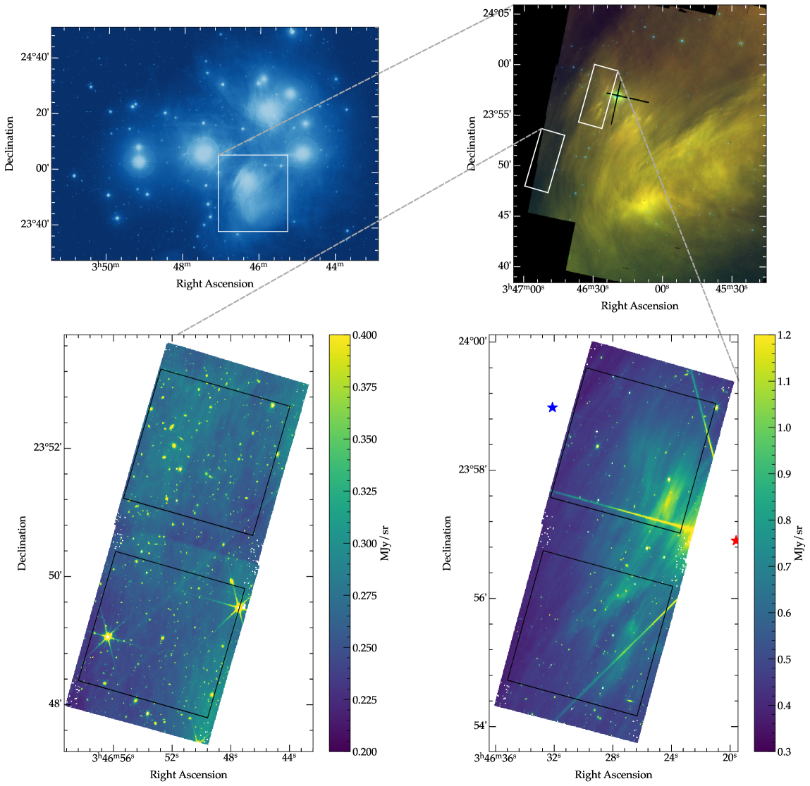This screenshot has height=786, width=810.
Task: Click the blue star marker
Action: click(x=552, y=407)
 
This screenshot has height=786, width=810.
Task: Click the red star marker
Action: click(x=735, y=540)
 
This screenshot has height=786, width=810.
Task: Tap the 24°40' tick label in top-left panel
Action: click(x=35, y=58)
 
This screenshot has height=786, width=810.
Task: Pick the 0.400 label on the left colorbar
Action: click(x=364, y=335)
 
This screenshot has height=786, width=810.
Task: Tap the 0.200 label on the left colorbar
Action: click(x=364, y=751)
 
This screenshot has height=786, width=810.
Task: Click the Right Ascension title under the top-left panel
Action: click(x=214, y=284)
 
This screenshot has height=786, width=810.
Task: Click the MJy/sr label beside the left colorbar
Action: click(x=385, y=543)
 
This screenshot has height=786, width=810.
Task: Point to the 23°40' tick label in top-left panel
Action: click(x=35, y=225)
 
